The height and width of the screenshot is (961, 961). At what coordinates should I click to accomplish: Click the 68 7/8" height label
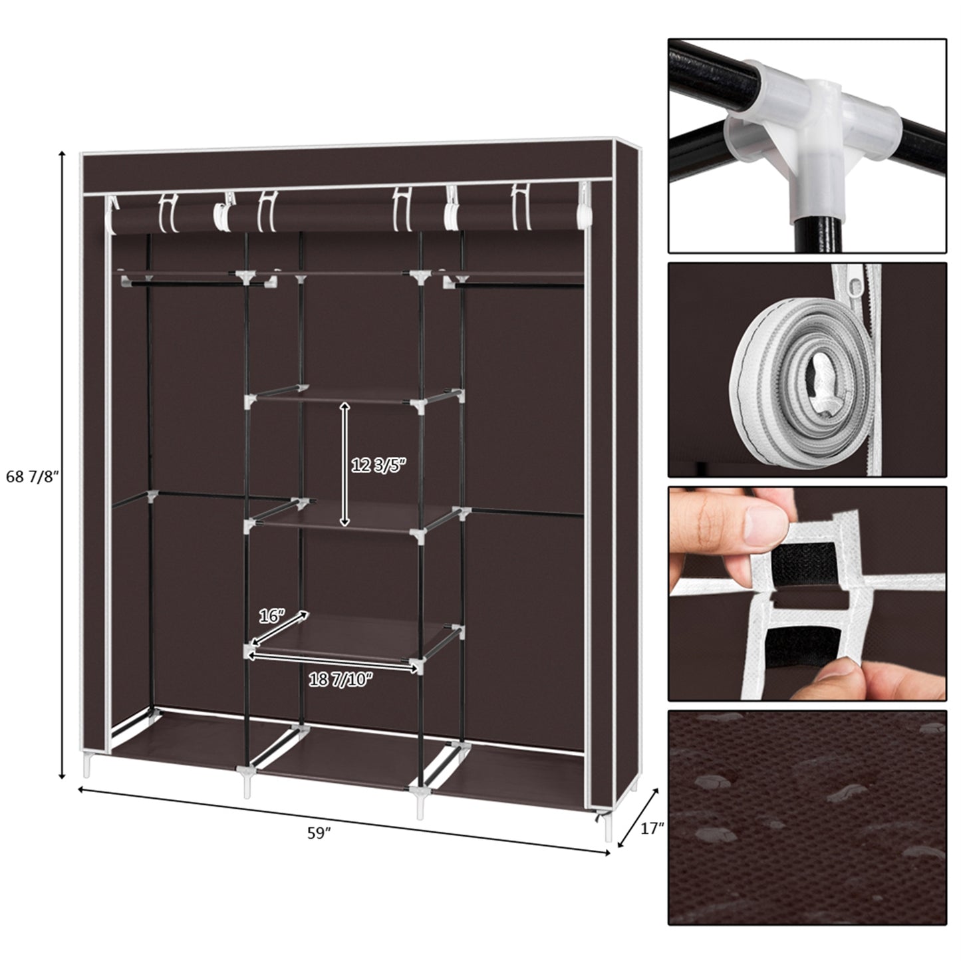(x=33, y=477)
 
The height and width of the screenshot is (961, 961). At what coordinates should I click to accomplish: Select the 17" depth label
(x=652, y=829)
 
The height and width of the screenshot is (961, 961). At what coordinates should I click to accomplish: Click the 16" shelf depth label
(x=272, y=617)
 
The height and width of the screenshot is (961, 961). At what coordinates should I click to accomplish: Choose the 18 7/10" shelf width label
(x=341, y=679)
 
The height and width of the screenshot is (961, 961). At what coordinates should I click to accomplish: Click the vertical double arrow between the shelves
(x=344, y=464)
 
